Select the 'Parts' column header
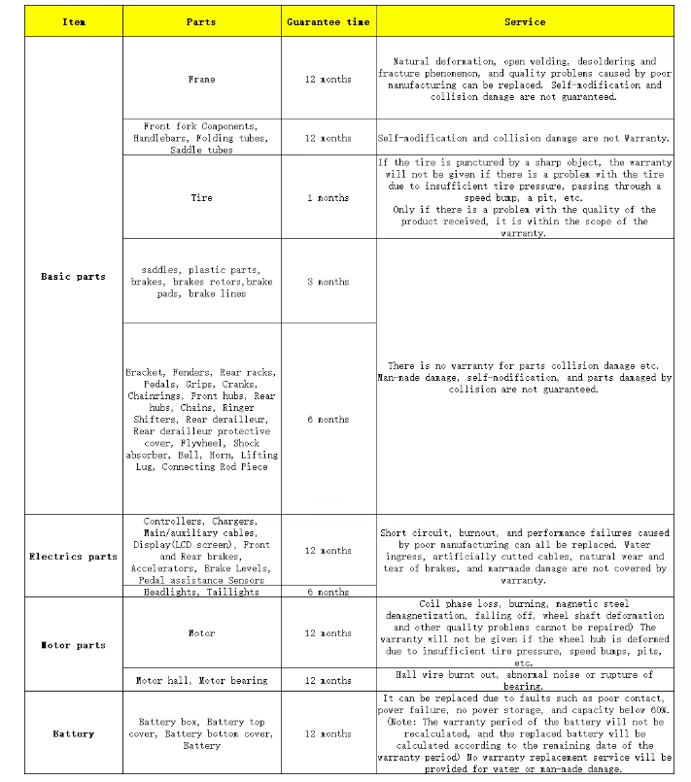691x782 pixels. point(201,21)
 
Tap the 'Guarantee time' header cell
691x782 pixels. point(328,21)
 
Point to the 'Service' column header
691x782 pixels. point(525,21)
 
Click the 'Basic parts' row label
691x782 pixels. point(73,277)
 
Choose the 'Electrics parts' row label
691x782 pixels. point(73,557)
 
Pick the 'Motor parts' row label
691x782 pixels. point(73,645)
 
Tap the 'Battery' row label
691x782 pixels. point(73,733)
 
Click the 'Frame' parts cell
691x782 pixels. point(201,79)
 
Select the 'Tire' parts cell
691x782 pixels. point(201,197)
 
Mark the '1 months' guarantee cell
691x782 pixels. point(328,197)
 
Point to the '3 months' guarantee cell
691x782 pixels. point(328,282)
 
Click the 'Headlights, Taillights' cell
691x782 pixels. point(201,592)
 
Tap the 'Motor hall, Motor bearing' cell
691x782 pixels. point(201,680)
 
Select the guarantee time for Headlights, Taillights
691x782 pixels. point(328,592)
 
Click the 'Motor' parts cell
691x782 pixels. point(201,633)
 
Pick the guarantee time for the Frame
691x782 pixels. point(328,79)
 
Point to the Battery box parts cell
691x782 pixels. point(201,733)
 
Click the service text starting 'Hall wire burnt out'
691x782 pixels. point(525,680)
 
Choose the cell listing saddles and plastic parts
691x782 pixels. point(201,282)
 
